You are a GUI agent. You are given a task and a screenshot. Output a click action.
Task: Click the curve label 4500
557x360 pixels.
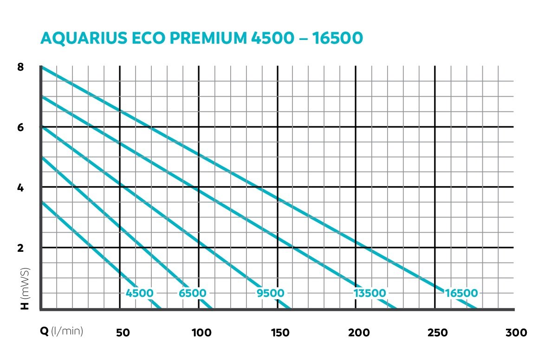pyautogui.click(x=139, y=293)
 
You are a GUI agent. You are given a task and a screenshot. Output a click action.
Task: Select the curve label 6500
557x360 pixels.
pyautogui.click(x=193, y=293)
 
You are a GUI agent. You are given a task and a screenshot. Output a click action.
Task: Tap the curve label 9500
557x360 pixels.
pyautogui.click(x=271, y=293)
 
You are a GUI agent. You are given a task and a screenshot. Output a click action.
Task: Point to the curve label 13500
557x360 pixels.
pyautogui.click(x=369, y=293)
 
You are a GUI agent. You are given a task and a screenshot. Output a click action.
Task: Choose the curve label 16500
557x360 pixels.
pyautogui.click(x=461, y=293)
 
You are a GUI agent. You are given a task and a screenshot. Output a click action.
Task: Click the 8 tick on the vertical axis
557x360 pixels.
pyautogui.click(x=20, y=67)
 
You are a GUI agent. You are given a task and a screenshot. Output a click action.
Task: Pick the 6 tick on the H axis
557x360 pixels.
pyautogui.click(x=20, y=127)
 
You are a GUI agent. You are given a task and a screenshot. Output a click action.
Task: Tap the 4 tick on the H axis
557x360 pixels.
pyautogui.click(x=20, y=188)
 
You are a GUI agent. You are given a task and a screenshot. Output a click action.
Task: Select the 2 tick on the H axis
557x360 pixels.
pyautogui.click(x=20, y=248)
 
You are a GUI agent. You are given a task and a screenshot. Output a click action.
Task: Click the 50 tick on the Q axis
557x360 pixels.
pyautogui.click(x=122, y=333)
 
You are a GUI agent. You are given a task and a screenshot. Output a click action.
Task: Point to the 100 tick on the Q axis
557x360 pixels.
pyautogui.click(x=201, y=333)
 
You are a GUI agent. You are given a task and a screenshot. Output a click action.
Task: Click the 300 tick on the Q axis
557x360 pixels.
pyautogui.click(x=516, y=333)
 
